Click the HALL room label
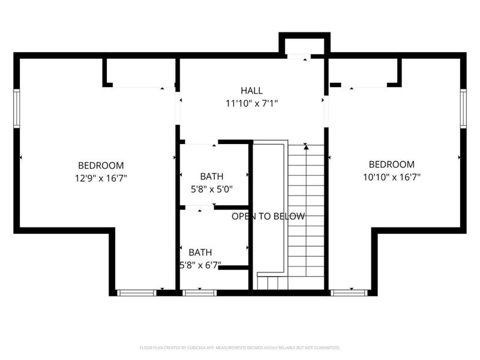coord(251,91)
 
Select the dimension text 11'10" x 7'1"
coord(251,103)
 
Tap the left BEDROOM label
coord(101,165)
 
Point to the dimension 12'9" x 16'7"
coord(101,178)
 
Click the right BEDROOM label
coord(391,164)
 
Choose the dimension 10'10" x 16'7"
coord(391,177)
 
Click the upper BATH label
coord(211,176)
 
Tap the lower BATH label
coord(200,253)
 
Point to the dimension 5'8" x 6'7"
coord(200,265)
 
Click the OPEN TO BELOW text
coord(268,217)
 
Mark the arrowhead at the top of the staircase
coord(305,146)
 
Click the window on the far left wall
coord(17,108)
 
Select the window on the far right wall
coord(463,108)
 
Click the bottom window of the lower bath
coord(191,293)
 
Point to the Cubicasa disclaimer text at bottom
coord(240,347)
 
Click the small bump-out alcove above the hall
coord(304,46)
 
